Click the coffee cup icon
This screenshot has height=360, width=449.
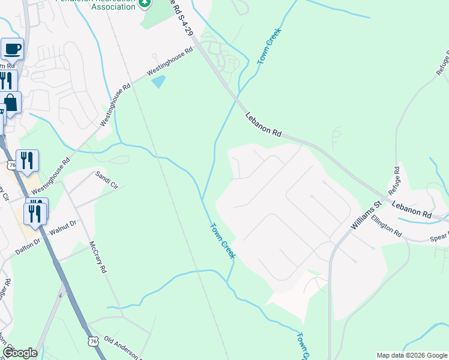pos(12,48)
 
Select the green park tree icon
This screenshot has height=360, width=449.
pos(144,4)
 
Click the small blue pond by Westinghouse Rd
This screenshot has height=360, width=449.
pos(158,81)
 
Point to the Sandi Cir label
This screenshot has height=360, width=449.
pos(106,179)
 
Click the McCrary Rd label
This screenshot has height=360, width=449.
pos(97,257)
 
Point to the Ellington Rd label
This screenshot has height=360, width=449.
pos(386,227)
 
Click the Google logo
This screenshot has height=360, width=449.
pos(19,353)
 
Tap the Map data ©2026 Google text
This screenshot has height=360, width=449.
pos(411,355)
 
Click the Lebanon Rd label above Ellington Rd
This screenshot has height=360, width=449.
pos(412,209)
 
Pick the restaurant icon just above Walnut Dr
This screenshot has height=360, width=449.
pos(35,212)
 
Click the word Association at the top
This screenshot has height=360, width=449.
pos(106,7)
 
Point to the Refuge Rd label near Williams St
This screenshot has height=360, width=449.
pos(394,179)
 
